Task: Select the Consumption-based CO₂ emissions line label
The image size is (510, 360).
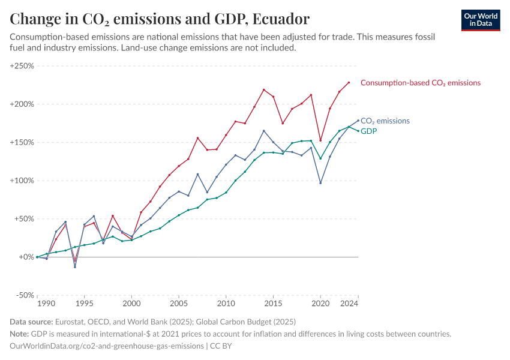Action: coord(420,83)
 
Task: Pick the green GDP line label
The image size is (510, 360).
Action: coord(368,131)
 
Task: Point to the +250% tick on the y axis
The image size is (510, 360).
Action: coord(22,65)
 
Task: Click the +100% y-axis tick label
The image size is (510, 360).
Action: coord(22,181)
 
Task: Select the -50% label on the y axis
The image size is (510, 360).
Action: coord(23,295)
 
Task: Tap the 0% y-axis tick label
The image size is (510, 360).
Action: coord(26,257)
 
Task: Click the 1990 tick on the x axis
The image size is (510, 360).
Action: coord(37,304)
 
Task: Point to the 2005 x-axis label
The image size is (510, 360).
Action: coord(179,304)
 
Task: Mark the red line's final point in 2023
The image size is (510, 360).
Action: coord(349,83)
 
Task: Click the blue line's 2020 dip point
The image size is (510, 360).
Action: coord(320,182)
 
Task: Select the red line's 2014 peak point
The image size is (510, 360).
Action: coord(264,90)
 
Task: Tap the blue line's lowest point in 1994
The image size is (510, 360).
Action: coord(75,266)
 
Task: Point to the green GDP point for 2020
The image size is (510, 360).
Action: coord(320,158)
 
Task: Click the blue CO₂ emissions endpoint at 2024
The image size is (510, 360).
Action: coord(358,121)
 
